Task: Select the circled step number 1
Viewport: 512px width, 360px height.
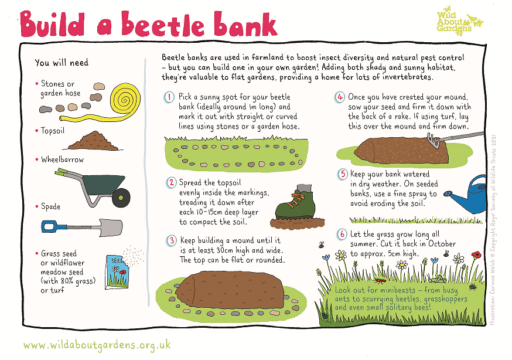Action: pyautogui.click(x=169, y=97)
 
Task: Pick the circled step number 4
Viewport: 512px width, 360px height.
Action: pyautogui.click(x=340, y=97)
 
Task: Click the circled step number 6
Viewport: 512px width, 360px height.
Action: pyautogui.click(x=343, y=235)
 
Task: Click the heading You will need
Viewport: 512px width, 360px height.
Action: pyautogui.click(x=62, y=63)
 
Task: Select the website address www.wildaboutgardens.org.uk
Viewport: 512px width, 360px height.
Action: pyautogui.click(x=98, y=345)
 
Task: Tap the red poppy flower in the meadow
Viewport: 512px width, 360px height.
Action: pyautogui.click(x=476, y=254)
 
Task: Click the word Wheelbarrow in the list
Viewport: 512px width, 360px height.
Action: pyautogui.click(x=62, y=159)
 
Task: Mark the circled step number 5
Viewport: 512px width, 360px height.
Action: pyautogui.click(x=343, y=174)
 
